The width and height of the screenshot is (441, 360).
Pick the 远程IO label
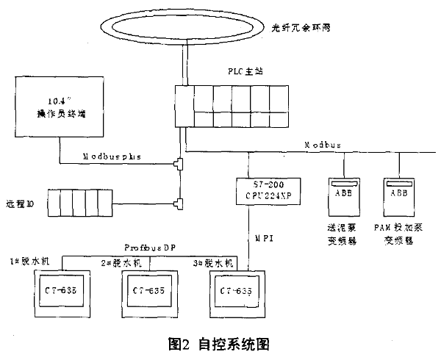pyautogui.click(x=23, y=201)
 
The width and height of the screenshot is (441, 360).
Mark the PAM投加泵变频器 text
pyautogui.click(x=398, y=234)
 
